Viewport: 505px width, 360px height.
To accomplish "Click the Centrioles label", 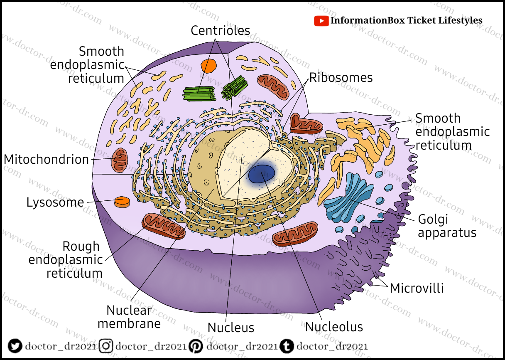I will (x=221, y=30).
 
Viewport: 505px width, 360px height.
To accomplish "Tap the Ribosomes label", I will (x=341, y=78).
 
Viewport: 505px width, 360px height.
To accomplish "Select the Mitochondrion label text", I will (x=47, y=160).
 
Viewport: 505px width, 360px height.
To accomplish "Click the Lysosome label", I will (x=55, y=203).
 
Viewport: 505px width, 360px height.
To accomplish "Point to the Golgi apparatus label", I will (x=446, y=226).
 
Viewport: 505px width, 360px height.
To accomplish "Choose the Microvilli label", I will (x=417, y=288).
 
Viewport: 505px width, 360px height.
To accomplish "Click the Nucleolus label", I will (x=334, y=327).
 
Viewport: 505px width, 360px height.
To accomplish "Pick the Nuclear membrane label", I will (x=129, y=317).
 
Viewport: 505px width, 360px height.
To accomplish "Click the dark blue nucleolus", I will (x=262, y=174).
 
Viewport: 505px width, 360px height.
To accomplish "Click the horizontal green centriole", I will (x=199, y=94).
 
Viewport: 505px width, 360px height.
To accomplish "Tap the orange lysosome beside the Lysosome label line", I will (x=122, y=202).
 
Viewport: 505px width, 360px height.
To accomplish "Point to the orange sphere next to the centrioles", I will (x=208, y=66).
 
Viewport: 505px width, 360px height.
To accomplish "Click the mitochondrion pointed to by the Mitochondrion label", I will (x=121, y=160).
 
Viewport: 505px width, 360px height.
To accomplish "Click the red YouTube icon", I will (x=321, y=21).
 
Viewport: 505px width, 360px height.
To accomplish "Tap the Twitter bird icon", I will (x=15, y=346).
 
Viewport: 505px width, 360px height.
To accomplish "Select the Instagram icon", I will (x=107, y=346).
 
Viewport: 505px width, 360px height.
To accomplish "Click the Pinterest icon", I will (x=196, y=346).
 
